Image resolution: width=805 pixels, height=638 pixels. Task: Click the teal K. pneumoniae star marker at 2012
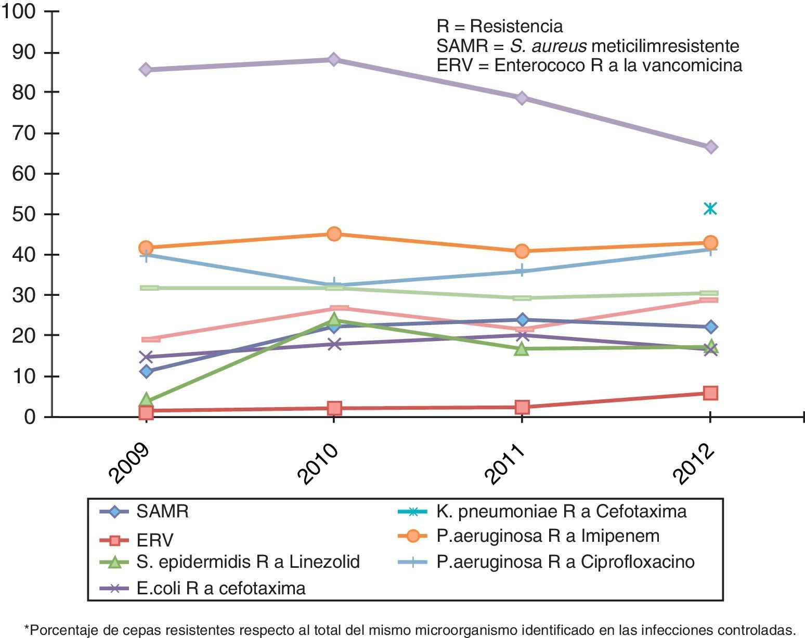(710, 209)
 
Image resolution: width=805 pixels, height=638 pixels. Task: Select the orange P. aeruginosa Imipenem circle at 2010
(334, 233)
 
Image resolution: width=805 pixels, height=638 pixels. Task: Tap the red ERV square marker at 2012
(710, 393)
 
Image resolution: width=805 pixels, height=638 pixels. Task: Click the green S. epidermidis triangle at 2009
(146, 400)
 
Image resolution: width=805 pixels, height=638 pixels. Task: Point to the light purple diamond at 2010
(334, 59)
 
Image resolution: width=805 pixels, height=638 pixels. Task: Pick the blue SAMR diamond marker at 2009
(146, 371)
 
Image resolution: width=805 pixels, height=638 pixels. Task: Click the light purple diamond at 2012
(711, 147)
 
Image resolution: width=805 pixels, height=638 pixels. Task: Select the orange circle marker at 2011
(522, 251)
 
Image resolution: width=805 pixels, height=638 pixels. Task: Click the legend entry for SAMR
(162, 512)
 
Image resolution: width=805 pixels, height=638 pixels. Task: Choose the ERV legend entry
(154, 541)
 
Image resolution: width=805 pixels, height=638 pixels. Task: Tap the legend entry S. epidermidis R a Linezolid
(248, 562)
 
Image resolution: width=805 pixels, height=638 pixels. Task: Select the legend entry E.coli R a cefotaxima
(220, 588)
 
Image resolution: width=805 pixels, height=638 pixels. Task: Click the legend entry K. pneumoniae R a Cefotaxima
(561, 512)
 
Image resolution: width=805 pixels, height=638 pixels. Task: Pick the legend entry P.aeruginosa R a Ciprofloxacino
(565, 562)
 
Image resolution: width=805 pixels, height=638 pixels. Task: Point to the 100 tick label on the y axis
(19, 11)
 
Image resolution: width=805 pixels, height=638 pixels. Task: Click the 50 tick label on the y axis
(24, 214)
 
